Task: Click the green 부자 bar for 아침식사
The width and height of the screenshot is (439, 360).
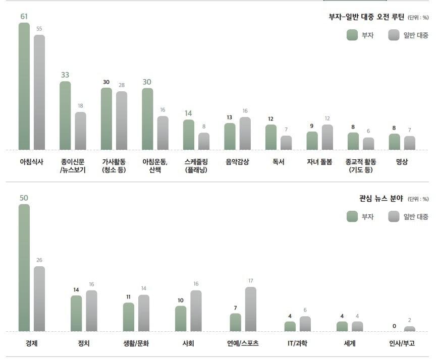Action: point(24,86)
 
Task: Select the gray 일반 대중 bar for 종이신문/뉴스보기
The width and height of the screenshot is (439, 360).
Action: point(81,131)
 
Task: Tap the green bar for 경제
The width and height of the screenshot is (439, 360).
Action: point(24,268)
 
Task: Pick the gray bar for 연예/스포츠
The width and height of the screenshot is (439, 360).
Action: point(250,309)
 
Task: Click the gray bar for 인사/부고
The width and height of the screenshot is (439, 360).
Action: point(410,329)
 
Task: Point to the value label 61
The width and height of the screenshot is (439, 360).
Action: point(24,17)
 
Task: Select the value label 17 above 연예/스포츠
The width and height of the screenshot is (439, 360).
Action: point(250,280)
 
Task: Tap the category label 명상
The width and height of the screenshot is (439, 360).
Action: point(402,162)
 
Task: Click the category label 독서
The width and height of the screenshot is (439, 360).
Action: point(279,162)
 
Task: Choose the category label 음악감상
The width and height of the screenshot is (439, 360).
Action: point(237,162)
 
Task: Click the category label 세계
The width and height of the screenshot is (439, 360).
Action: point(349,343)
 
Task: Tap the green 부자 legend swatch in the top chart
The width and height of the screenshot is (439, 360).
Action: point(352,35)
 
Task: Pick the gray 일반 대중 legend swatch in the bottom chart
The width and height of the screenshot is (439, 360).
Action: point(394,216)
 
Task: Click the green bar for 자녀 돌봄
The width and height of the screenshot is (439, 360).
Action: point(312,141)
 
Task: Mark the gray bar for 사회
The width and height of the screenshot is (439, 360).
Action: point(196,311)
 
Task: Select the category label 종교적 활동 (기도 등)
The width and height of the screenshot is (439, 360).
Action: point(360,165)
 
